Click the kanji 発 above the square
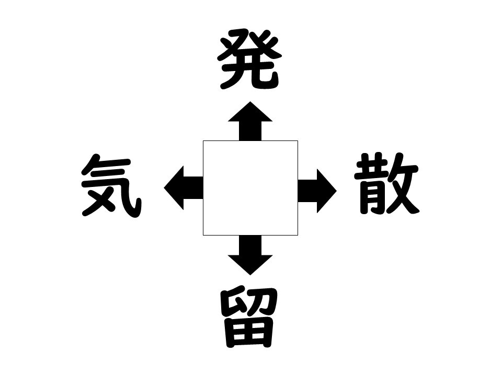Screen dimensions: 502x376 pos(250,59)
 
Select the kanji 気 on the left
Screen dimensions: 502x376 pos(111,185)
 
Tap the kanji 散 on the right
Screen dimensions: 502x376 pos(387,183)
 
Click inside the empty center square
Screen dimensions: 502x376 pos(250,188)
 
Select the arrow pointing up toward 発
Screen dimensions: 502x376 pos(250,121)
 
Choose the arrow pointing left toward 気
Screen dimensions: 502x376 pos(184,187)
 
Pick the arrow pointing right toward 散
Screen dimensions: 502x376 pos(317,191)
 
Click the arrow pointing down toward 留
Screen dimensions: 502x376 pos(250,255)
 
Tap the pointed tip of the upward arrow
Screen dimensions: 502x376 pos(250,102)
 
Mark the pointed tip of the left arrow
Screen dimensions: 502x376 pos(164,187)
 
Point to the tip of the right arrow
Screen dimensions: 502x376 pos(337,191)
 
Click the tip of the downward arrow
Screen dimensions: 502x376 pos(250,275)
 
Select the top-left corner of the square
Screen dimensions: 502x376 pos(203,140)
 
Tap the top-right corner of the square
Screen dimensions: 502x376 pos(298,140)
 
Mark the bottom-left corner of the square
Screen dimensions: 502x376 pos(203,236)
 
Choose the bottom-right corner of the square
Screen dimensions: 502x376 pos(298,236)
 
